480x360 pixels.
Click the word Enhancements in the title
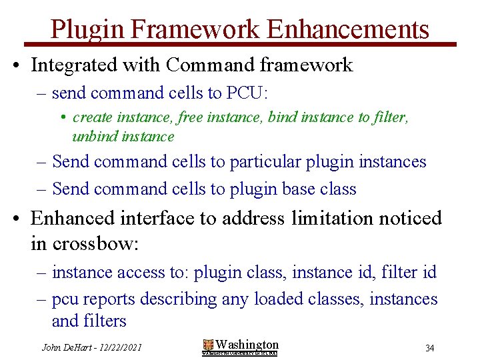tap(347, 29)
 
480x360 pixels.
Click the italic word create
tap(92, 117)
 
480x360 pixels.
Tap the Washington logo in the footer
tap(240, 347)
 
